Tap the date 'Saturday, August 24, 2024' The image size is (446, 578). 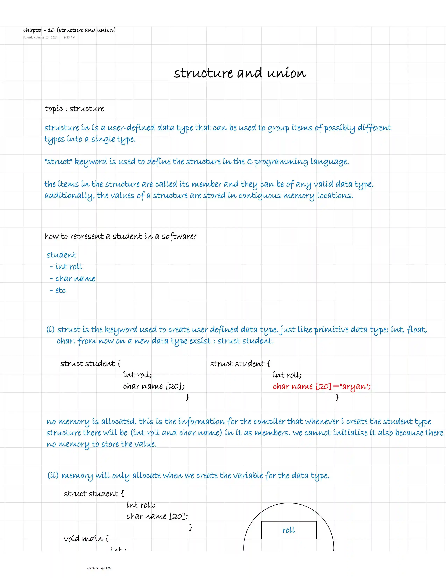[40, 38]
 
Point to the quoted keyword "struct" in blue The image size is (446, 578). [58, 161]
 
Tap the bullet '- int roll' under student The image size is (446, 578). [66, 267]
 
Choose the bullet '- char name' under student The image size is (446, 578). [73, 278]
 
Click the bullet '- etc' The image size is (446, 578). [58, 290]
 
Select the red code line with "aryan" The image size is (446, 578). [322, 386]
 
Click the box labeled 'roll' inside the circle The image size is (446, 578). [289, 530]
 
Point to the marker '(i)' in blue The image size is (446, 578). [50, 329]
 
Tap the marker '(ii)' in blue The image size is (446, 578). [53, 475]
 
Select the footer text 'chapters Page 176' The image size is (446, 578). [99, 568]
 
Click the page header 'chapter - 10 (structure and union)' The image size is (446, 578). [69, 30]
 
